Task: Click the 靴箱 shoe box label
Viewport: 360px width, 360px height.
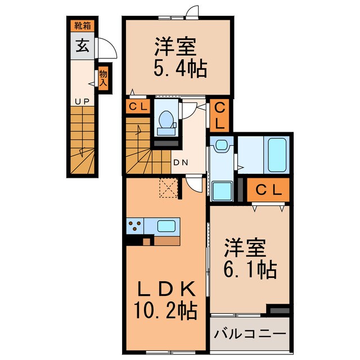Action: click(82, 26)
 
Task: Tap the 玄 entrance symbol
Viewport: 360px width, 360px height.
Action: click(82, 46)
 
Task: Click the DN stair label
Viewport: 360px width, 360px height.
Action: click(180, 163)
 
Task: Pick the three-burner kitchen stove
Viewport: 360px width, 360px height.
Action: click(135, 227)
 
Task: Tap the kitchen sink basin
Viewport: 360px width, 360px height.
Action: click(166, 226)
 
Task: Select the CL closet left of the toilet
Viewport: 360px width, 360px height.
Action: click(138, 106)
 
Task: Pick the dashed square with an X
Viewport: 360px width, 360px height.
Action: click(168, 188)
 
